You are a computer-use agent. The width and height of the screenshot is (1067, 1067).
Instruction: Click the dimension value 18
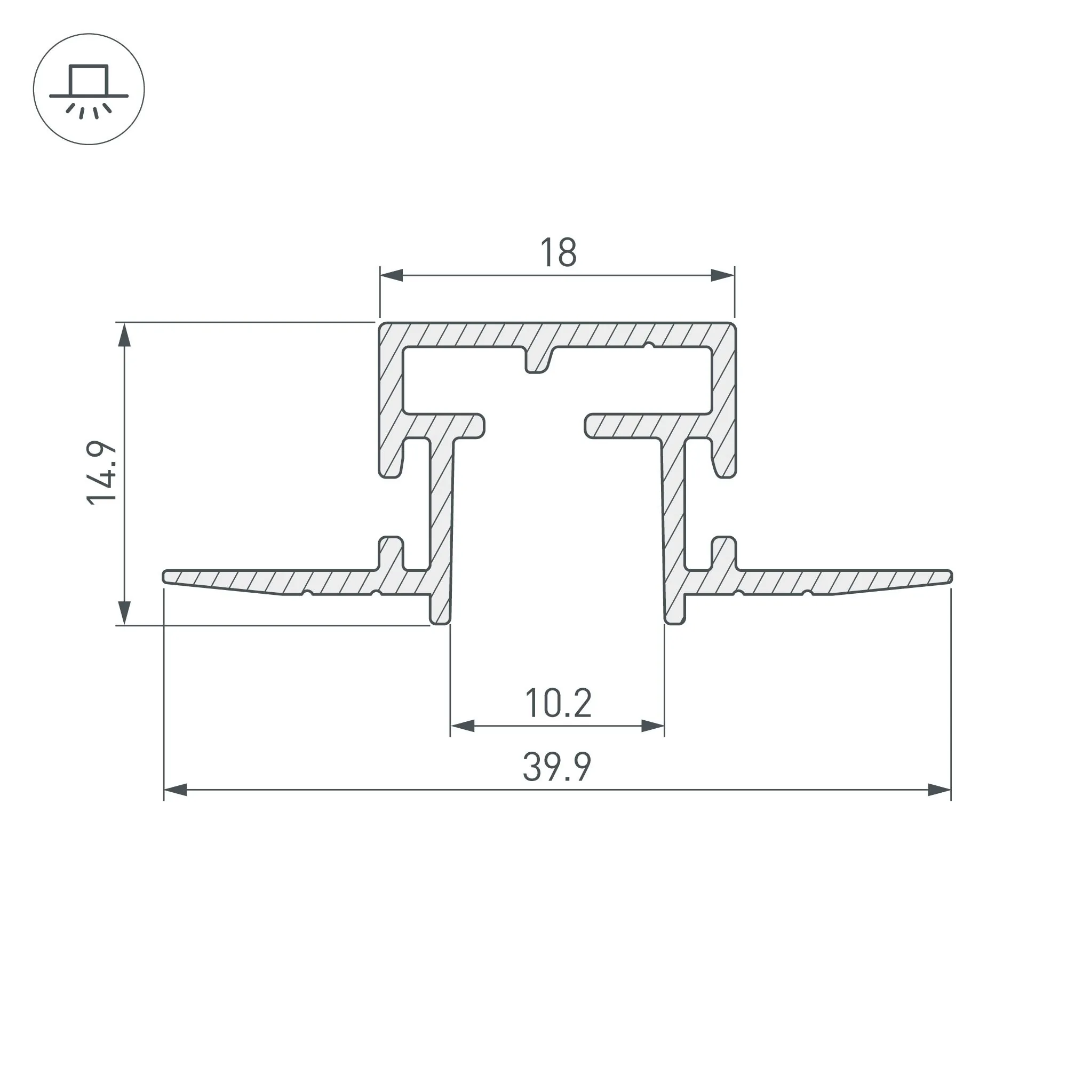pos(559,252)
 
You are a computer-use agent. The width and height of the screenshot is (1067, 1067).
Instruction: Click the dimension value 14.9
pos(103,472)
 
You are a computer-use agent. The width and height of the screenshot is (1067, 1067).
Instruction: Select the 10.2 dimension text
pos(559,704)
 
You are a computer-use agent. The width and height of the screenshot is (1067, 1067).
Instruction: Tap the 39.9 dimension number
pos(556,767)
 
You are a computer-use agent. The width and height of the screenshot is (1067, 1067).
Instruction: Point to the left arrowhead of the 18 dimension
pos(391,275)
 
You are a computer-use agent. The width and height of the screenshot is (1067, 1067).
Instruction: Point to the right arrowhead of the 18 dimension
pos(723,275)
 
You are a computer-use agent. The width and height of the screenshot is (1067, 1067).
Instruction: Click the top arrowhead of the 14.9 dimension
pos(125,335)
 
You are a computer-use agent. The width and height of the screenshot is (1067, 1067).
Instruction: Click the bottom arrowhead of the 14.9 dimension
pos(125,612)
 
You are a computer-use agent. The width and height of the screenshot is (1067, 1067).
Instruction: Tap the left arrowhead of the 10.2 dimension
pos(462,726)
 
